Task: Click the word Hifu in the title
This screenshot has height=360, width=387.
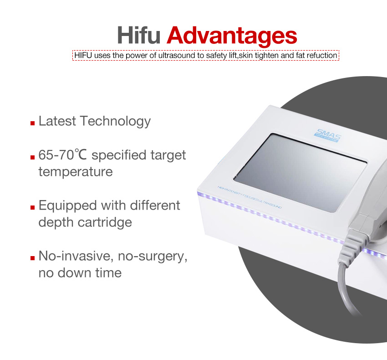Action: coord(139,35)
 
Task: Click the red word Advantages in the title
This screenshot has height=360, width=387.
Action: coord(232,35)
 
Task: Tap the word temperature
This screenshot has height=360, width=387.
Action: coord(75,172)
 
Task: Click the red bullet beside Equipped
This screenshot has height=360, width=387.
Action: coord(33,207)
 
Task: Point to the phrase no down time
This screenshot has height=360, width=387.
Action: coord(80,273)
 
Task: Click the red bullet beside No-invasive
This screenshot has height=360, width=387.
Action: coord(33,257)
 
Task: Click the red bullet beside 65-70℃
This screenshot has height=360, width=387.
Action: coord(33,157)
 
